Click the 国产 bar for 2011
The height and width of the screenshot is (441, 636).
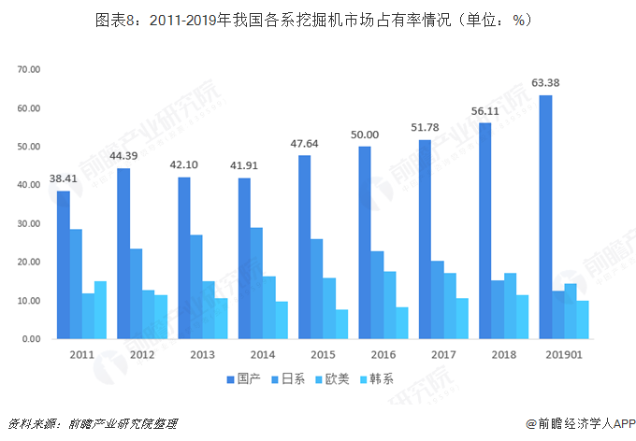63,264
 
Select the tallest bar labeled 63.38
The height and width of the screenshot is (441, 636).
545,217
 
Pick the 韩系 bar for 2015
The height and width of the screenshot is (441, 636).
342,324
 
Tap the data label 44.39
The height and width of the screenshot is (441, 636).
123,157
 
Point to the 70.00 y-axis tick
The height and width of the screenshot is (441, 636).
29,70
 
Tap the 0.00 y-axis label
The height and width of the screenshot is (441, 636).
32,339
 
